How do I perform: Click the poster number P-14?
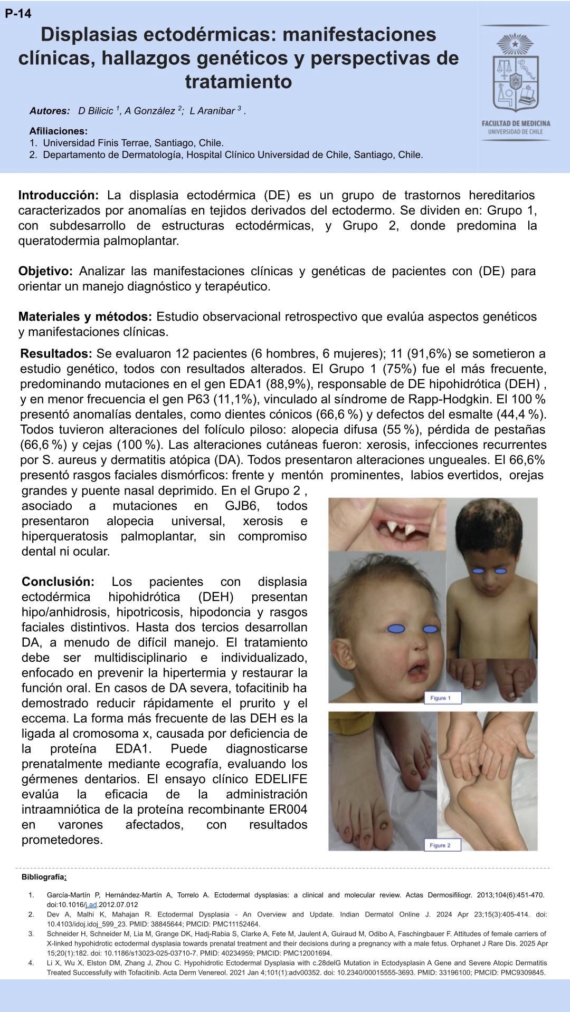click(18, 14)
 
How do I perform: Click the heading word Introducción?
click(58, 195)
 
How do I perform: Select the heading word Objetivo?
click(45, 271)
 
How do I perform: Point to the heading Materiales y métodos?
click(85, 316)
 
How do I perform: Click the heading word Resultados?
click(56, 353)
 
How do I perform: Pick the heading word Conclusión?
click(58, 582)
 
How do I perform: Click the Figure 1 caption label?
click(442, 698)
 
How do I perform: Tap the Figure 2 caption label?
click(441, 845)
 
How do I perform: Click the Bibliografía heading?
click(44, 877)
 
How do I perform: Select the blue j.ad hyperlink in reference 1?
click(91, 904)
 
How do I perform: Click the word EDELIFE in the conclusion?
click(281, 779)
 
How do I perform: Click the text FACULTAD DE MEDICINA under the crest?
click(515, 123)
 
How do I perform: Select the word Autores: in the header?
click(50, 111)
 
